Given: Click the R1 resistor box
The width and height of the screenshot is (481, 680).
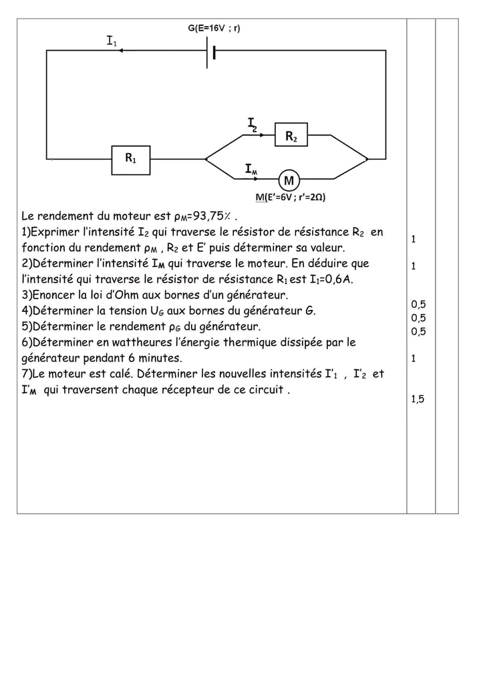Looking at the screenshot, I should pyautogui.click(x=131, y=160).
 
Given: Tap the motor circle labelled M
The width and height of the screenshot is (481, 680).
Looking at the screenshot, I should pyautogui.click(x=289, y=180).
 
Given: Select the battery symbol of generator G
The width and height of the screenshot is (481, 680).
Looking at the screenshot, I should pyautogui.click(x=212, y=51).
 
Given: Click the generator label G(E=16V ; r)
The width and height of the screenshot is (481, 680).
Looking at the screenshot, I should pyautogui.click(x=214, y=28).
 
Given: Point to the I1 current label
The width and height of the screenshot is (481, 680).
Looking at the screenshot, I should pyautogui.click(x=112, y=41).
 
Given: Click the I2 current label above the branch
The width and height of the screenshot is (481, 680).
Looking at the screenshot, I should pyautogui.click(x=252, y=124).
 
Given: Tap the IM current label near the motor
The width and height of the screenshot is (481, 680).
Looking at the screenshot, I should pyautogui.click(x=251, y=169).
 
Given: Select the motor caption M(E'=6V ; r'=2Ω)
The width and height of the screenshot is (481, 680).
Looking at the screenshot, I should pyautogui.click(x=291, y=197).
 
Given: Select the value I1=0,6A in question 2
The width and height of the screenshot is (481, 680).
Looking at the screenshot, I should pyautogui.click(x=327, y=279).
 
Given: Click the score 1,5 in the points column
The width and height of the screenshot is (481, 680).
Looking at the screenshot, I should pyautogui.click(x=418, y=399).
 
